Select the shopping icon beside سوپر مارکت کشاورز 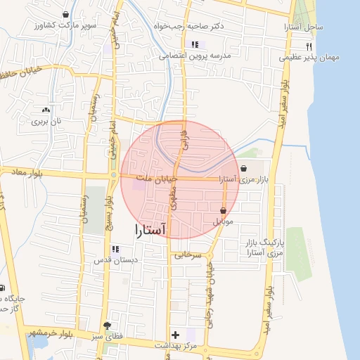(66, 15)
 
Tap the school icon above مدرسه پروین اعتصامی (195, 45)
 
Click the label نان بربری (46, 121)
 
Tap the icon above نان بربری (46, 110)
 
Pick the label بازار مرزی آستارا (243, 180)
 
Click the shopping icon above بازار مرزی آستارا (243, 169)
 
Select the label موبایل (223, 221)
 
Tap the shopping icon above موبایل (223, 210)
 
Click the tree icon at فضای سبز (107, 326)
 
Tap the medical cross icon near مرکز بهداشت (176, 335)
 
